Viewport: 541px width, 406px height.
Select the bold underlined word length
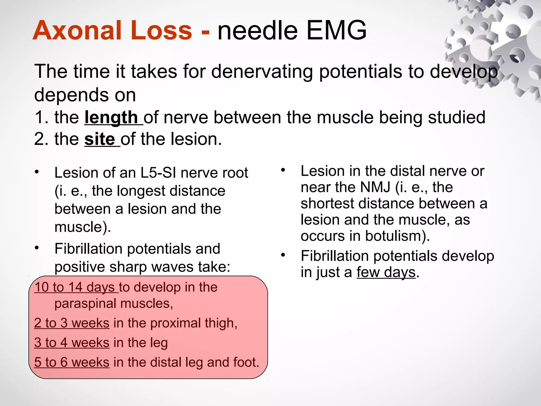(x=111, y=117)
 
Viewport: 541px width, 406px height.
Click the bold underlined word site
(x=99, y=139)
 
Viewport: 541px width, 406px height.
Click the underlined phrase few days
(x=386, y=272)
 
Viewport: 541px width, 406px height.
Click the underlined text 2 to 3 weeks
(x=72, y=323)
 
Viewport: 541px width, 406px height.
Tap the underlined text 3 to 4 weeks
(x=72, y=343)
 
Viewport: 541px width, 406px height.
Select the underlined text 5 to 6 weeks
(x=72, y=362)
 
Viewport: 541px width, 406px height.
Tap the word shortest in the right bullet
(x=327, y=204)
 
